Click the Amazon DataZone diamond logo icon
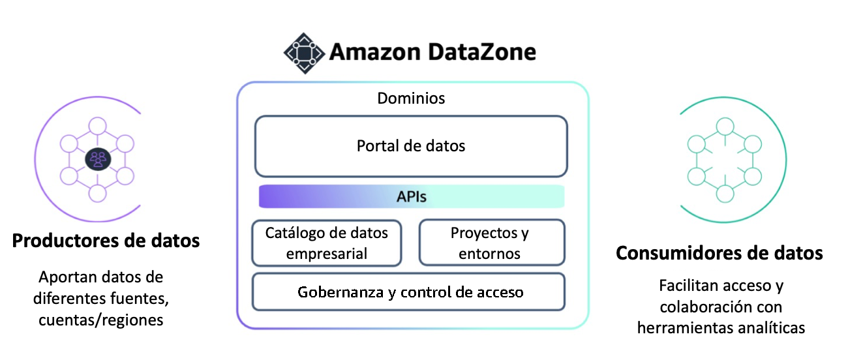(x=303, y=52)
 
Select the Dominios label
(x=411, y=98)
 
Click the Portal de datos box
(x=411, y=146)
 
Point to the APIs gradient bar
(x=411, y=196)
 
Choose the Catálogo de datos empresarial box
(x=327, y=243)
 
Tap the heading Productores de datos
(x=106, y=241)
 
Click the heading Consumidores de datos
(x=719, y=252)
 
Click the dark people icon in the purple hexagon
(x=97, y=158)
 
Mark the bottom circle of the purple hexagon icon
(x=97, y=192)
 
